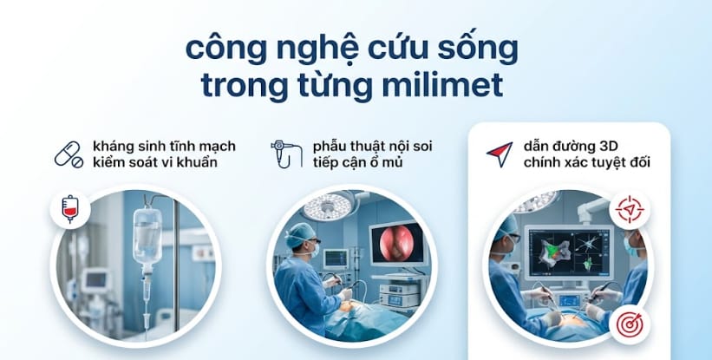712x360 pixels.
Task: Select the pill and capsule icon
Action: point(69,154)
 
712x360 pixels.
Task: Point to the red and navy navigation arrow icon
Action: point(498,153)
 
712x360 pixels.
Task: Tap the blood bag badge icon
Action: point(69,209)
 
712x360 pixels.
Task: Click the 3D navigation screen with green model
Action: point(572,247)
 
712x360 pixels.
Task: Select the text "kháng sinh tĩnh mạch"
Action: point(164,145)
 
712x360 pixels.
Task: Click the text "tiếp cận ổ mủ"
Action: point(358,162)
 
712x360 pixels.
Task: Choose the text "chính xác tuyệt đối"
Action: point(581,162)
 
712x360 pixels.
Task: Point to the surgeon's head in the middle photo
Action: point(300,236)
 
